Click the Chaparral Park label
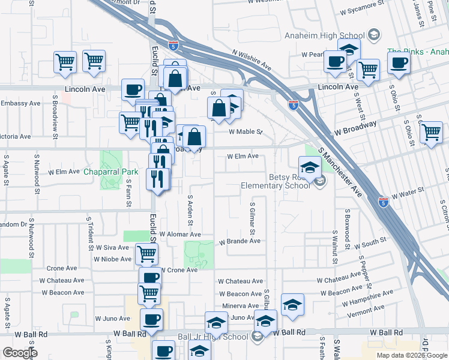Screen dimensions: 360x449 coord(110,172)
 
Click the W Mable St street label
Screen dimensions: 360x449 coord(246,132)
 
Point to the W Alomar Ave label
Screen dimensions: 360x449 coord(180,235)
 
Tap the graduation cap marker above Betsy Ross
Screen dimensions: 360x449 coord(310,167)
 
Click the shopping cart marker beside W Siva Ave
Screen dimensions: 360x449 coord(146,254)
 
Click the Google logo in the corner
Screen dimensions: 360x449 coord(20,353)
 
